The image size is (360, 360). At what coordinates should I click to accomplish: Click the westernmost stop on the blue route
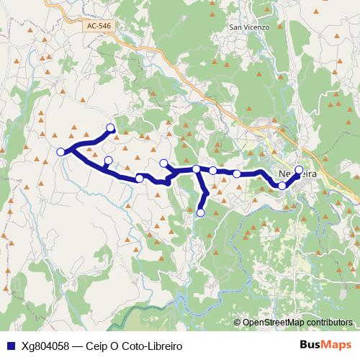(60, 151)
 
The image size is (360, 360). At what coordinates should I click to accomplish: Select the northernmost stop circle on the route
(111, 128)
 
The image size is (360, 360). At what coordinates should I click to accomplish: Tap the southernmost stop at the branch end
(201, 212)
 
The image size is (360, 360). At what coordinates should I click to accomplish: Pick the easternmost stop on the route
(300, 171)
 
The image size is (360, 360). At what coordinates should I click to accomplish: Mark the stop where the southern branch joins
(196, 169)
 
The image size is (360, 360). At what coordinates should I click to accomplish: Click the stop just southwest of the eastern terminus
(282, 186)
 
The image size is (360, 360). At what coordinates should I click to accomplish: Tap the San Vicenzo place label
(248, 27)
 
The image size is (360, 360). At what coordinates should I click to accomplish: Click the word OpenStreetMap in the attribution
(273, 323)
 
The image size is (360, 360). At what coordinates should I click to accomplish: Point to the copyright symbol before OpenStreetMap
(238, 323)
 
